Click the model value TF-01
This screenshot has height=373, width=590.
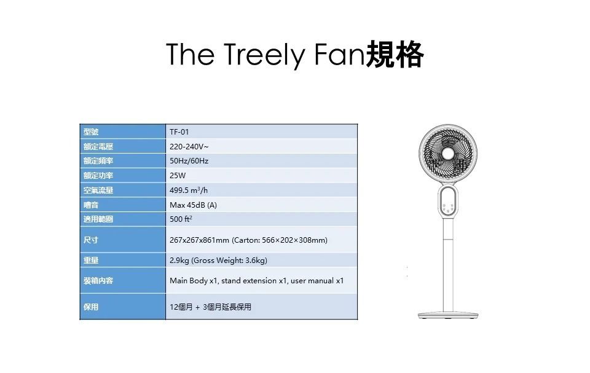coord(179,132)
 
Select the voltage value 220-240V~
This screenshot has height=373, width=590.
coord(189,146)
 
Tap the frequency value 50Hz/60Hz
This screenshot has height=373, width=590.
coord(189,161)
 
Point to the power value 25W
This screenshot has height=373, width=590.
coord(178,175)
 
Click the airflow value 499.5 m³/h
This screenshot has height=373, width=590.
coord(189,190)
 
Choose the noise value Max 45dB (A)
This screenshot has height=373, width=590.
coord(193,205)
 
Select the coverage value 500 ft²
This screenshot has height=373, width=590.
coord(181,219)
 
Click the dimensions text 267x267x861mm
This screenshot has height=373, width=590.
coord(199,240)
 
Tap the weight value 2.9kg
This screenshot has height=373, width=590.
coord(179,261)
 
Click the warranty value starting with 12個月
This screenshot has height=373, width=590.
coord(210,307)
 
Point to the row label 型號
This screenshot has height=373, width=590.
coord(91,132)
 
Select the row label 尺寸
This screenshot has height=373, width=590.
coord(91,240)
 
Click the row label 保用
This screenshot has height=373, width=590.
coord(91,307)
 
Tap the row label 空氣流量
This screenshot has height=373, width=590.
coord(98,190)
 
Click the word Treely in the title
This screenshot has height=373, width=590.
coord(265,55)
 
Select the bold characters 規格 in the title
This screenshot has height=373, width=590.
coord(395,55)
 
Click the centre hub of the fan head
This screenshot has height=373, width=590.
coord(448,154)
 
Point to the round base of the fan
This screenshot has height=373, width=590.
coord(448,315)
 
